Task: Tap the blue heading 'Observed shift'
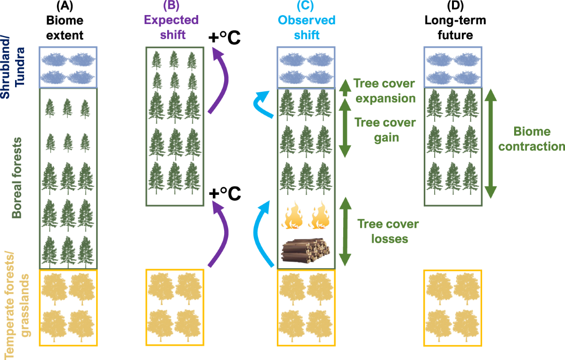(x=307, y=27)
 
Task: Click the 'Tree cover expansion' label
(x=385, y=91)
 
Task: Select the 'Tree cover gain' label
(x=385, y=130)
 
